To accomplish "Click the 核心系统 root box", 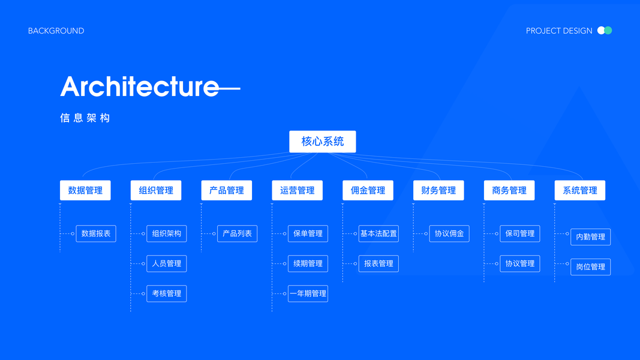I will (322, 142).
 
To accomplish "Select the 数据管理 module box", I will (85, 190).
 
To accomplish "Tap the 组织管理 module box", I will (156, 190).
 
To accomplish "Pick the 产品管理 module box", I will (227, 190).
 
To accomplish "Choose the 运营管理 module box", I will (297, 190).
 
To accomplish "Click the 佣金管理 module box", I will (368, 190).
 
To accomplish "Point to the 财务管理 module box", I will (438, 190).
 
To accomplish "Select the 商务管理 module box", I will (509, 190).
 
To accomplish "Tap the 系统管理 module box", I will (580, 190).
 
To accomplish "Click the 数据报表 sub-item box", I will (96, 233).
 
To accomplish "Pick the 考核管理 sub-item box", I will (167, 293).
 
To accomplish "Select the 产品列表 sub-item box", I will (237, 233).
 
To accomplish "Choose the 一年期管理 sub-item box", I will (308, 293).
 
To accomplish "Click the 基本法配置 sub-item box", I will (378, 233).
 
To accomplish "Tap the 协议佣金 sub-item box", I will (449, 233).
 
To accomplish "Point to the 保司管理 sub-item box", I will (520, 233).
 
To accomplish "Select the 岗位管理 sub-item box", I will (590, 267).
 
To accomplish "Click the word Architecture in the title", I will (139, 87).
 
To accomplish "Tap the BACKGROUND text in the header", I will (56, 31).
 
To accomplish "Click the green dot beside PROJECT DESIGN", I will (608, 31).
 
